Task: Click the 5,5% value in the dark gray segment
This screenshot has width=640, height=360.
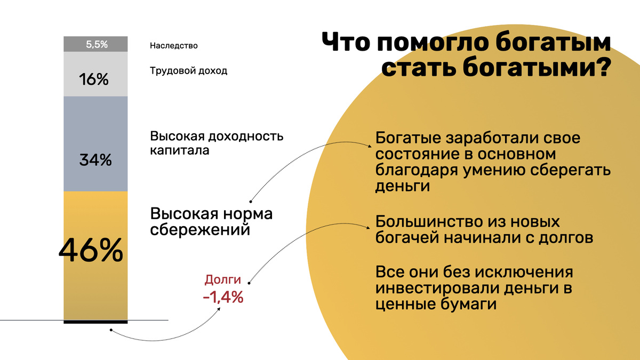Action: pos(97,45)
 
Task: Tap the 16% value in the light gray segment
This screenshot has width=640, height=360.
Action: pos(94,80)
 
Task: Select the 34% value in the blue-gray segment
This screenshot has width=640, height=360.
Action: pos(95,159)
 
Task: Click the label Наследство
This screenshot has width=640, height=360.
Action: pos(174,46)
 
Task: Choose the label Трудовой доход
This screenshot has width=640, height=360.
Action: pos(189,70)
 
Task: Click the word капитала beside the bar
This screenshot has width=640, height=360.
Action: pos(180,150)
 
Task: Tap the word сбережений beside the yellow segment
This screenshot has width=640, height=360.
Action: pos(201,230)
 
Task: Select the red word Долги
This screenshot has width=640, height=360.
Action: pos(223,279)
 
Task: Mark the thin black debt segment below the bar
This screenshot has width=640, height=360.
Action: pos(95,322)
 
